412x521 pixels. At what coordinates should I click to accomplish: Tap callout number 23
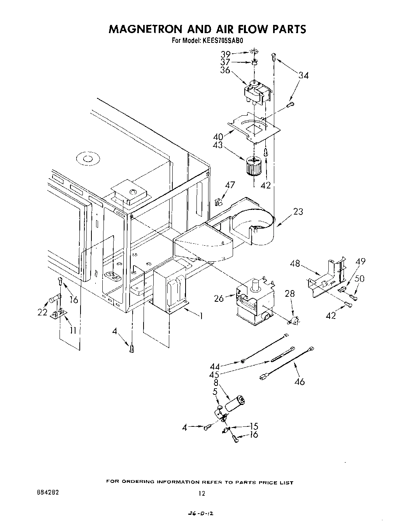(298, 212)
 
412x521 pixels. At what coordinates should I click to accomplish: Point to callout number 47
(230, 185)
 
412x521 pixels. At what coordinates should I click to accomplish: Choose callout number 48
(295, 264)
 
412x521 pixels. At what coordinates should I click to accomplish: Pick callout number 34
(303, 76)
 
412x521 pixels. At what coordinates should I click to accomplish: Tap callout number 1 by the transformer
(201, 316)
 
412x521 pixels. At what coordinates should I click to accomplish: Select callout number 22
(42, 312)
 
